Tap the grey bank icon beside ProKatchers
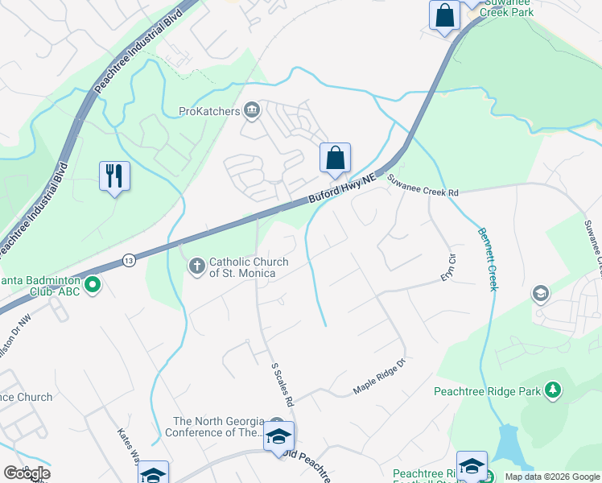click(252, 109)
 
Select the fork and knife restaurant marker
click(114, 176)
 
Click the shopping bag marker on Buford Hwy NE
click(335, 158)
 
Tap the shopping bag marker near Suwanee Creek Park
click(444, 16)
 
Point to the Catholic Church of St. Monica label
click(242, 266)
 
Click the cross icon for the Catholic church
click(196, 266)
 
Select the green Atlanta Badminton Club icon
click(93, 284)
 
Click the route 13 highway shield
click(129, 260)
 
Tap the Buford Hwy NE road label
click(342, 190)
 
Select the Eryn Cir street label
click(449, 266)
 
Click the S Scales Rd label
click(283, 382)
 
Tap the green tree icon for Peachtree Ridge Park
click(553, 391)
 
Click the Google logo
click(27, 473)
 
